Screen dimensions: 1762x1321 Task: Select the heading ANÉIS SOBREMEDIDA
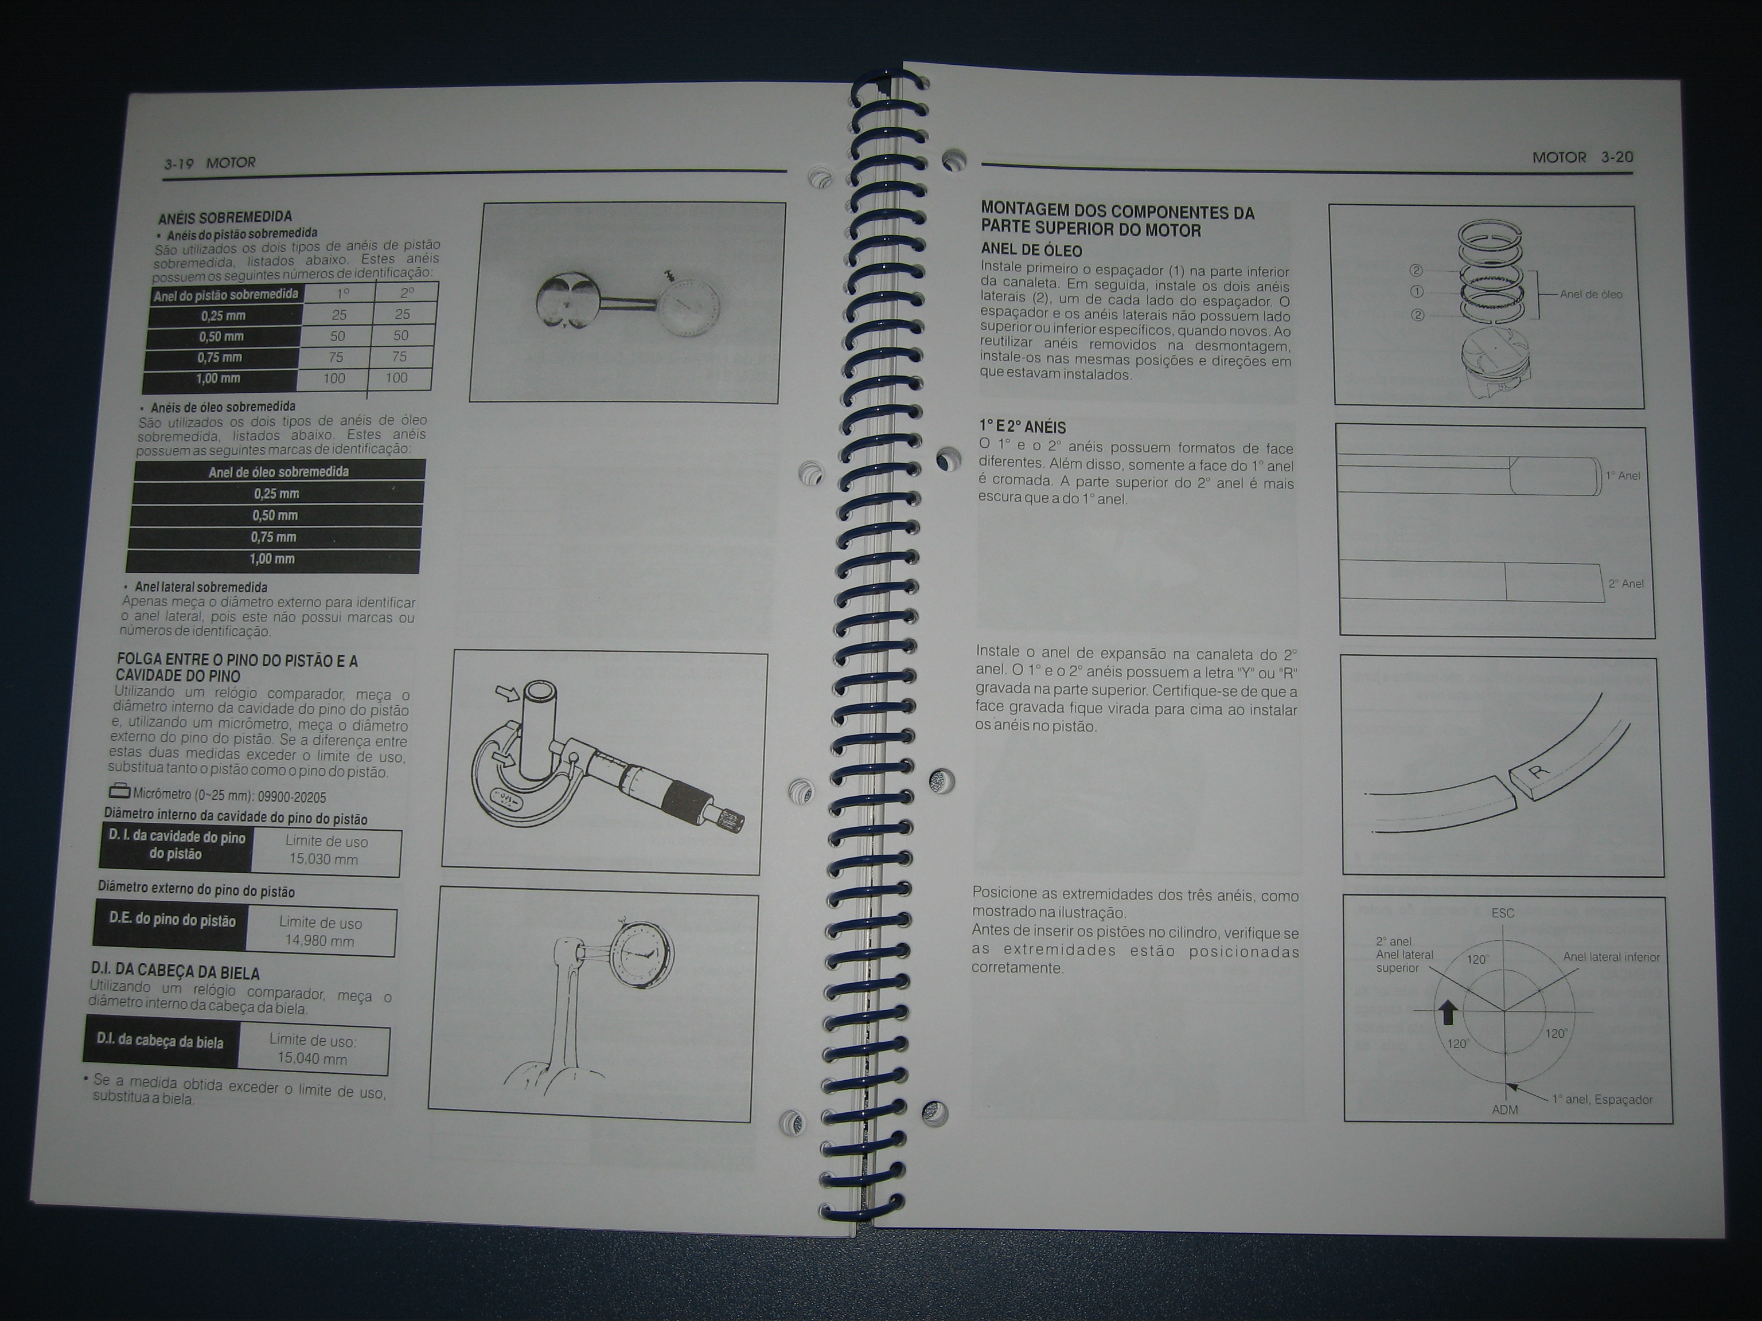(225, 217)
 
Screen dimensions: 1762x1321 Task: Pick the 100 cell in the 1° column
(334, 378)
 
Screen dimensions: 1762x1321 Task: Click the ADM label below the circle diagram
(1504, 1110)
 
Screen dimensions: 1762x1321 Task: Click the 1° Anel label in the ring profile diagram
(1623, 476)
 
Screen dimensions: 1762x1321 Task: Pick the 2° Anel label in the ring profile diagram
(1626, 584)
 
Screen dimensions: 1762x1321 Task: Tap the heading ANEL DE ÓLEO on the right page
(1031, 250)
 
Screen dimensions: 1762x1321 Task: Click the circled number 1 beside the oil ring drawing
(1417, 292)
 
